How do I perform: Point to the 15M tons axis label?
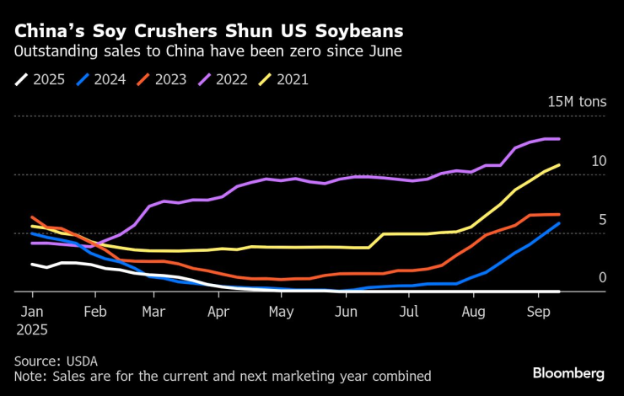577,102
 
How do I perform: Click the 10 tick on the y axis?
599,161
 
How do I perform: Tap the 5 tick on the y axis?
602,219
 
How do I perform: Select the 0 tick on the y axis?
602,277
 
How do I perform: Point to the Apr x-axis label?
218,311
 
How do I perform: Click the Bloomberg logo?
568,372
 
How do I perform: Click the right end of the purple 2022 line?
559,139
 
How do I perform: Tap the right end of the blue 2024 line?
559,223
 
